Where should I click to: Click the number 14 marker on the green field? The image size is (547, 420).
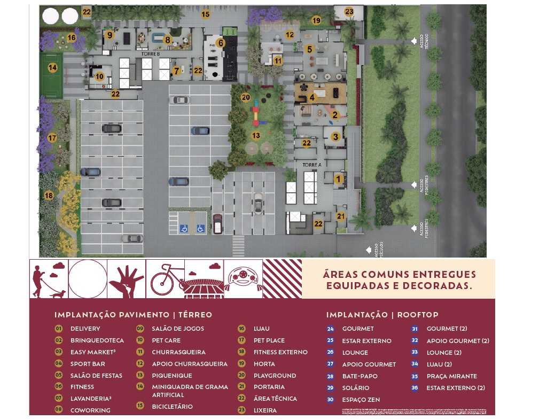click(x=52, y=68)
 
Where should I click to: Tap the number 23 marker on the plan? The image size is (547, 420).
click(x=349, y=11)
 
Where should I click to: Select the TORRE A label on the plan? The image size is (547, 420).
click(x=312, y=165)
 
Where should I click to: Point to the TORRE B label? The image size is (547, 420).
click(x=151, y=55)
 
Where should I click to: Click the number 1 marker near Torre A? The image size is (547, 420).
click(x=338, y=179)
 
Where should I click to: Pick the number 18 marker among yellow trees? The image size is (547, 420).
click(x=49, y=196)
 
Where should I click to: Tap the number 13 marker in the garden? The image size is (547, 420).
click(x=256, y=136)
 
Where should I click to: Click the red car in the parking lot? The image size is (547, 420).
click(x=217, y=224)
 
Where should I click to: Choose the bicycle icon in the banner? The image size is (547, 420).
click(x=165, y=278)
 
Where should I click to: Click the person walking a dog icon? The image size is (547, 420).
click(x=49, y=278)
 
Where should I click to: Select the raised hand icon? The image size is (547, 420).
click(x=127, y=278)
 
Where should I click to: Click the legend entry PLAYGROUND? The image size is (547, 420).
click(x=275, y=376)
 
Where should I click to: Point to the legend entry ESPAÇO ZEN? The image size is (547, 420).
click(x=361, y=400)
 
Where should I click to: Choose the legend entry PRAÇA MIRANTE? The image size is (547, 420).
click(x=451, y=376)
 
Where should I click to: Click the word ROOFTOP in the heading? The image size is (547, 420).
click(x=419, y=315)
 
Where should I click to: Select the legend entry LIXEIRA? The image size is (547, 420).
click(x=265, y=410)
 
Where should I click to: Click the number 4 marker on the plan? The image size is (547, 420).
click(x=311, y=98)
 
